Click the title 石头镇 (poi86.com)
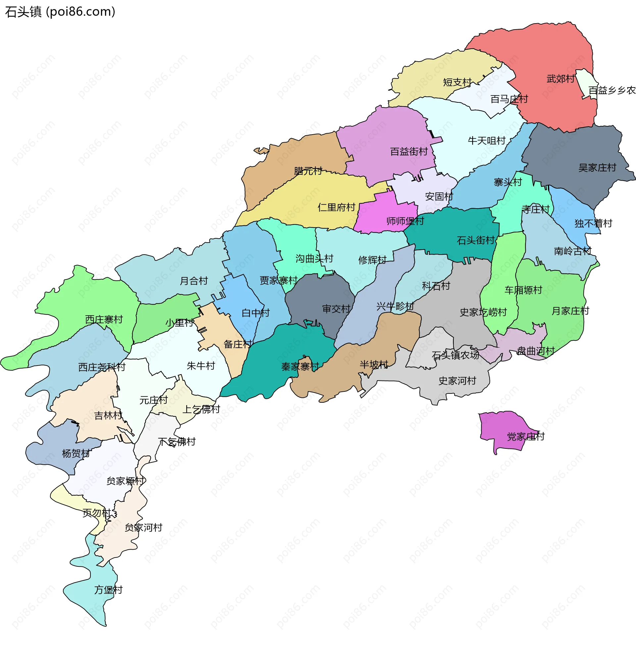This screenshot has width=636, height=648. (60, 12)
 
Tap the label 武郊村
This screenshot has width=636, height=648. (560, 79)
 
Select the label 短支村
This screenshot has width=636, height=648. (457, 82)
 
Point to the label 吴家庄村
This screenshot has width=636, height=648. (597, 168)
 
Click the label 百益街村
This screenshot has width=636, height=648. (409, 152)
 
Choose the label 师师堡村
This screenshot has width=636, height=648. (405, 221)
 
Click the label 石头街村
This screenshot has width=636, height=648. (476, 240)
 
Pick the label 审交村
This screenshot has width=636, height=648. (336, 309)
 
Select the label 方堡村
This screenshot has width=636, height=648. (108, 590)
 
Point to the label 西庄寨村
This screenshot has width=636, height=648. (104, 320)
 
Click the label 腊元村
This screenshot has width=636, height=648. (308, 171)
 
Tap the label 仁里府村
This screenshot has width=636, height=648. (336, 207)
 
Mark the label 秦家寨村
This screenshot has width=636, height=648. (300, 367)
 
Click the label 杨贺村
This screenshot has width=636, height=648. (76, 453)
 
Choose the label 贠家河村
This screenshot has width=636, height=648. (143, 528)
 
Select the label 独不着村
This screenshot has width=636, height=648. (593, 223)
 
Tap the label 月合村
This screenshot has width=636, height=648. (194, 281)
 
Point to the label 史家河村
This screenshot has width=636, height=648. (457, 381)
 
